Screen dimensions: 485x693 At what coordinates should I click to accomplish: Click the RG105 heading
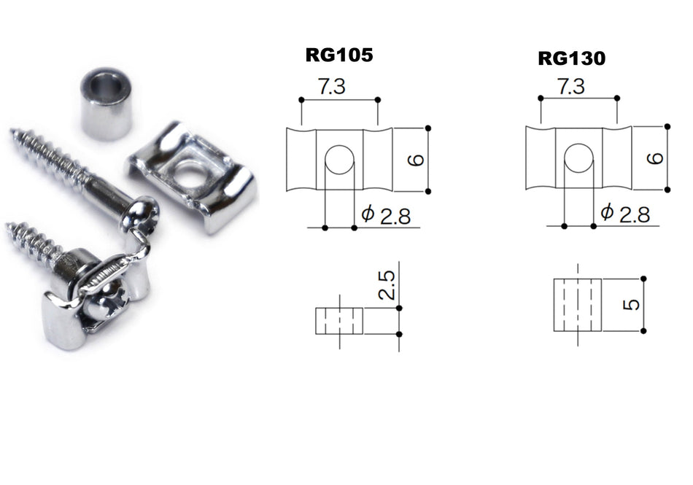click(338, 56)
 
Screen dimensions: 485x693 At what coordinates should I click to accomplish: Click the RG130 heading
click(571, 58)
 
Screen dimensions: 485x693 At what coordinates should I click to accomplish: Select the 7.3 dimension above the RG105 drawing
click(333, 88)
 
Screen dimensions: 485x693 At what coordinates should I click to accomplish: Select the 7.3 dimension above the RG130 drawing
click(570, 87)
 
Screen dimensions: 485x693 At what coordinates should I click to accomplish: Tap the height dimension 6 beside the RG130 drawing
click(654, 158)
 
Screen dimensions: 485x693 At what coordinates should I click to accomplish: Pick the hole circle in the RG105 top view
click(338, 159)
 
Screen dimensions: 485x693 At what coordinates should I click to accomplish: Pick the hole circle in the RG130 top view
click(579, 158)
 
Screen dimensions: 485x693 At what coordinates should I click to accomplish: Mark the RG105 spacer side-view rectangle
click(339, 320)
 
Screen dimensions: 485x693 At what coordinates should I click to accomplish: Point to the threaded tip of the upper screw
click(18, 136)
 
